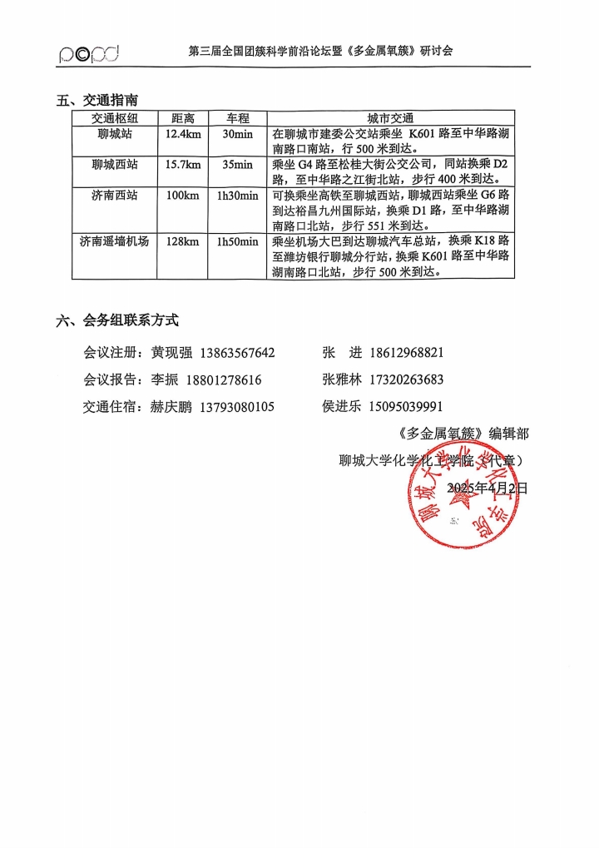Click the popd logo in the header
pos(89,54)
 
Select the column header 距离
pos(183,118)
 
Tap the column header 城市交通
pos(390,118)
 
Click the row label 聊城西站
pos(115,164)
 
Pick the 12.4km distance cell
pos(183,133)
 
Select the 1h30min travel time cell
pos(237,196)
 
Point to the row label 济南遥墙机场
pos(115,241)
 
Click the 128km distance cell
pos(183,241)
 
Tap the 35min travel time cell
pos(237,164)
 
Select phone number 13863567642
pos(237,353)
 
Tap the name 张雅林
pos(342,380)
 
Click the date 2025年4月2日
pos(488,487)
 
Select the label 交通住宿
pos(110,407)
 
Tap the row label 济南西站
pos(115,196)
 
